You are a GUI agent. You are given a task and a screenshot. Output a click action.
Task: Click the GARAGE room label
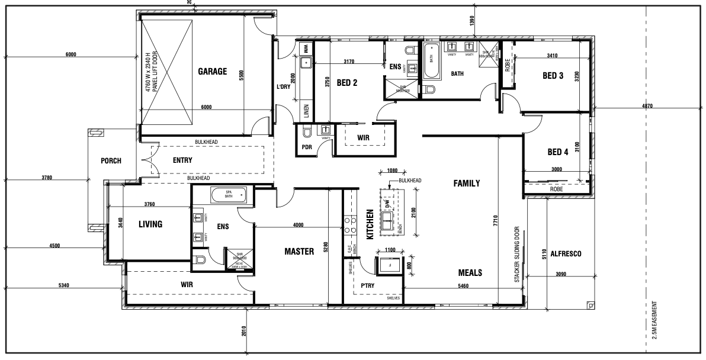(213, 72)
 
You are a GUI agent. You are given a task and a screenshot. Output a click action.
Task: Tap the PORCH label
(111, 160)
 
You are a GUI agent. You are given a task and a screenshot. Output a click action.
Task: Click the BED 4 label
(557, 152)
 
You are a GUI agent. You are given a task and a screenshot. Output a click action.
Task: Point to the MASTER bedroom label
(299, 252)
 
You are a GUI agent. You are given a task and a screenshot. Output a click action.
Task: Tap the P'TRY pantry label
(370, 285)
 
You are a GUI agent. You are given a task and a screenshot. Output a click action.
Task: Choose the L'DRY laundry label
(284, 87)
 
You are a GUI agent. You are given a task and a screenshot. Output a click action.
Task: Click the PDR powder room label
(307, 147)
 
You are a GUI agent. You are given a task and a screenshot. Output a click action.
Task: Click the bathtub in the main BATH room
(431, 60)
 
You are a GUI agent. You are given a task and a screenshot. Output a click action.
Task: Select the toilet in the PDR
(306, 132)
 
